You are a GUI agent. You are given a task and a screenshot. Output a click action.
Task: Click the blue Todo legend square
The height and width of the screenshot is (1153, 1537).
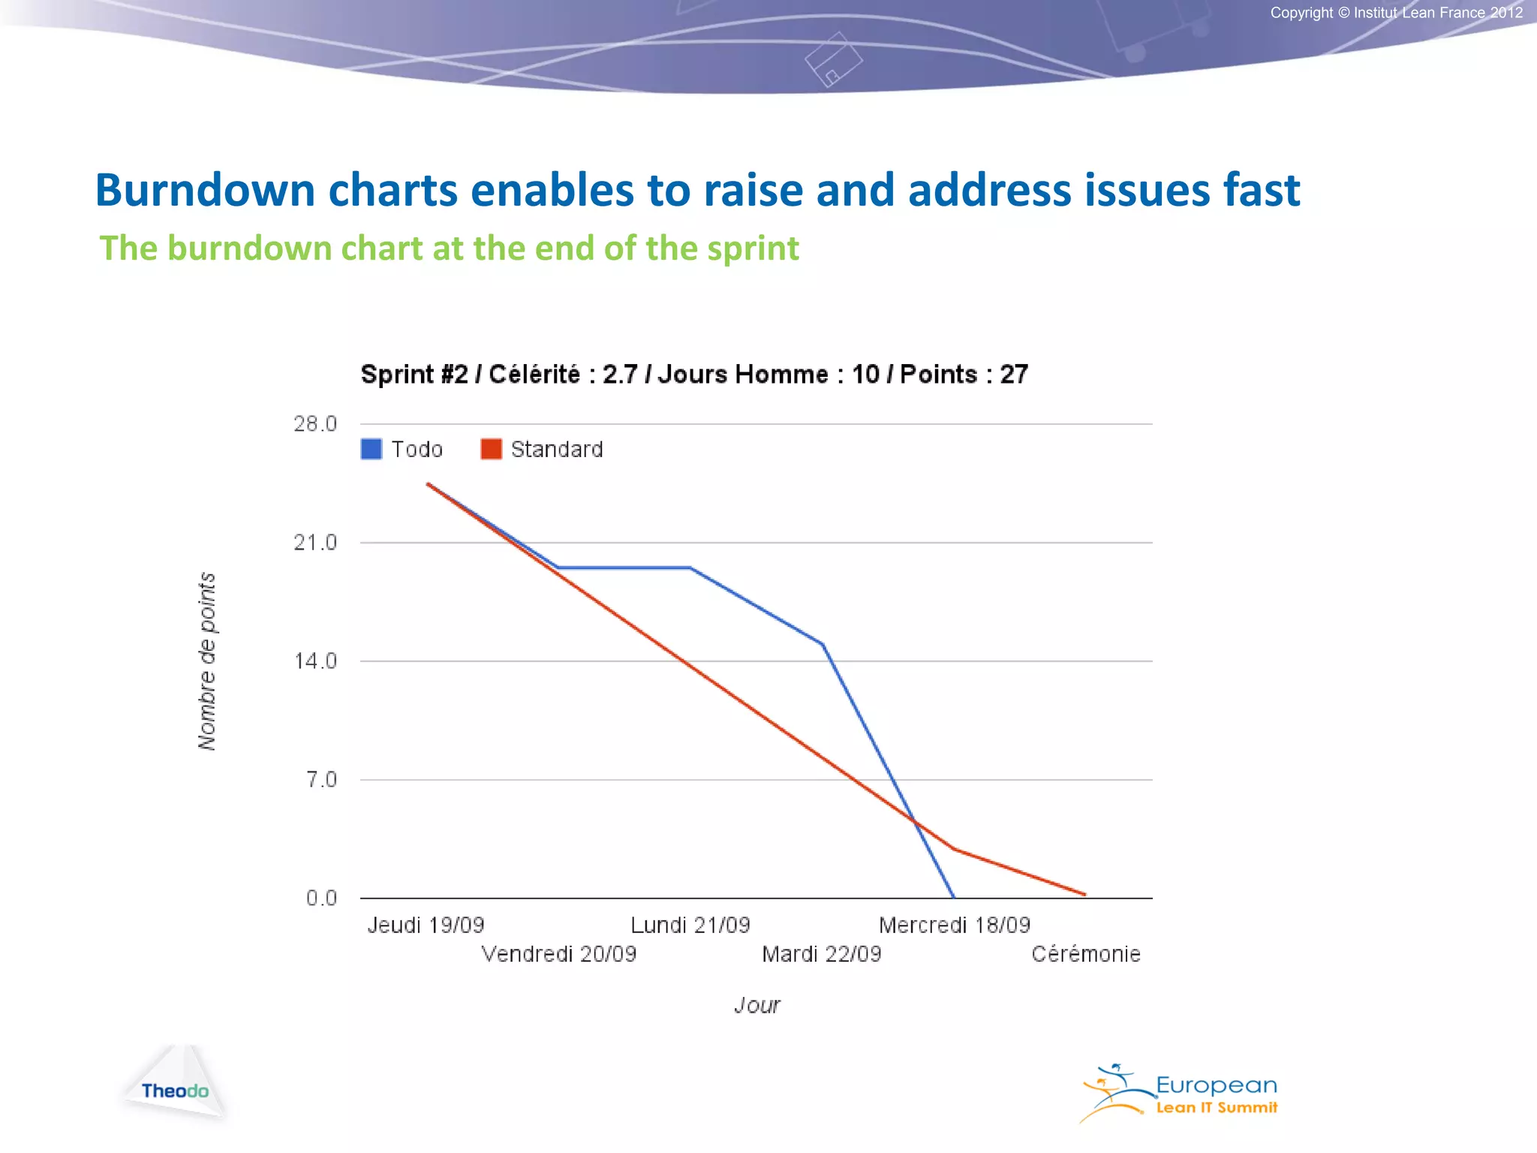pos(371,449)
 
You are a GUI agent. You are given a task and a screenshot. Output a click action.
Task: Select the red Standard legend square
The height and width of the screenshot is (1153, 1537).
pos(491,449)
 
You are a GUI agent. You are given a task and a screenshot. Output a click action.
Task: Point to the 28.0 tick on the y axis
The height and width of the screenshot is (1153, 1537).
pos(315,424)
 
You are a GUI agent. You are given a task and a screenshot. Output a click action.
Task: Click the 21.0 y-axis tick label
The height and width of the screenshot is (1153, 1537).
pos(315,543)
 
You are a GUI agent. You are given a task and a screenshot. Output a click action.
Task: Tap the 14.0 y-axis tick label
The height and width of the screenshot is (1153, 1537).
pos(315,661)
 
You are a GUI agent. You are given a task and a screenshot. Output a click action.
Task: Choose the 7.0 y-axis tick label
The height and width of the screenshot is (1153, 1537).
pos(321,780)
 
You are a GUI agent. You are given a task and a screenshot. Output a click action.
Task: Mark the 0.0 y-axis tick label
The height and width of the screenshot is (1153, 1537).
pos(321,899)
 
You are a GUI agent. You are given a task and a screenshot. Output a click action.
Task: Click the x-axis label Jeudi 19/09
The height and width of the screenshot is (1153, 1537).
pos(426,926)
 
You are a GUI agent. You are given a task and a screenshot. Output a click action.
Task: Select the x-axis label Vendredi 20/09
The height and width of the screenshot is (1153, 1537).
pos(558,954)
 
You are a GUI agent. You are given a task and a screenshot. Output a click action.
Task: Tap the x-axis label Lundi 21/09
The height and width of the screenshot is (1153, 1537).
pos(690,926)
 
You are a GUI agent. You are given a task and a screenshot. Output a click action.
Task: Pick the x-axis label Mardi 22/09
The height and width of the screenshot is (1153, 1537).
pos(822,954)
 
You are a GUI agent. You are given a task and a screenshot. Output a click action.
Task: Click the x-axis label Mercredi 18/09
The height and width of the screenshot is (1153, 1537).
pos(955,926)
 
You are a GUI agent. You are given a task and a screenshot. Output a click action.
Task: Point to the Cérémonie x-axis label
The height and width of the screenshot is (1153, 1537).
pos(1086,954)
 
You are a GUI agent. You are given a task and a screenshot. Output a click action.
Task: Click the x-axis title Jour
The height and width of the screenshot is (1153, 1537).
pos(757,1005)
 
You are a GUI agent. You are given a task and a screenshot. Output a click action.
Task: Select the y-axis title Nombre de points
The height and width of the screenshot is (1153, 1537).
pos(207,661)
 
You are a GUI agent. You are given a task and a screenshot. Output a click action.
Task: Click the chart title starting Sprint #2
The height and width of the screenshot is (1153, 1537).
pos(694,374)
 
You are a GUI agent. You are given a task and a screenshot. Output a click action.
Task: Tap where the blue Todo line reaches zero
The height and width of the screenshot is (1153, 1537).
pos(953,897)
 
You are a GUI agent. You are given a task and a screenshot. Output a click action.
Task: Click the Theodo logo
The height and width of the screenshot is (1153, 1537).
pos(175,1090)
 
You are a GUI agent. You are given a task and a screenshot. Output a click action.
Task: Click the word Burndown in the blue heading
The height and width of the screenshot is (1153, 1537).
pos(204,190)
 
